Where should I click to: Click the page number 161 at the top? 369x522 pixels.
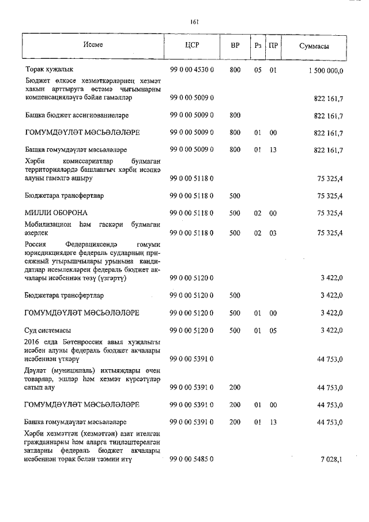tap(194, 22)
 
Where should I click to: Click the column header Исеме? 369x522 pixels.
tap(92, 44)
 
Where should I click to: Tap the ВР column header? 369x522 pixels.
tap(235, 45)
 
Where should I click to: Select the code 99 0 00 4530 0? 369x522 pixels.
tap(192, 70)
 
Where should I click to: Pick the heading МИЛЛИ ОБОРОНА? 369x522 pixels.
tap(56, 213)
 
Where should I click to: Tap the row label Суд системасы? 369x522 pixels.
tap(48, 330)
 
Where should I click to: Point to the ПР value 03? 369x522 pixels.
tap(273, 232)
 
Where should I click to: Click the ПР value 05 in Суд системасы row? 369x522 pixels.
tap(273, 330)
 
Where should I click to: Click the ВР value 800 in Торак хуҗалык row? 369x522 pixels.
tap(235, 70)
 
